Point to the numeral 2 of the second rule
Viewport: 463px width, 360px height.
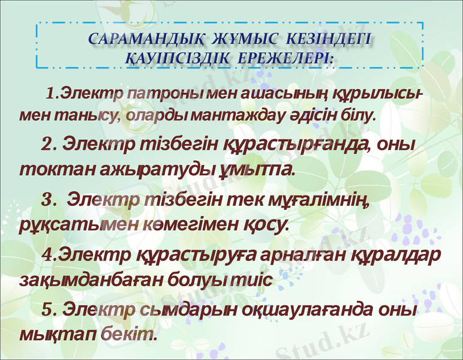tap(47, 145)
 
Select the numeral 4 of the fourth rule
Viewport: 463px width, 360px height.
tap(48, 255)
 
